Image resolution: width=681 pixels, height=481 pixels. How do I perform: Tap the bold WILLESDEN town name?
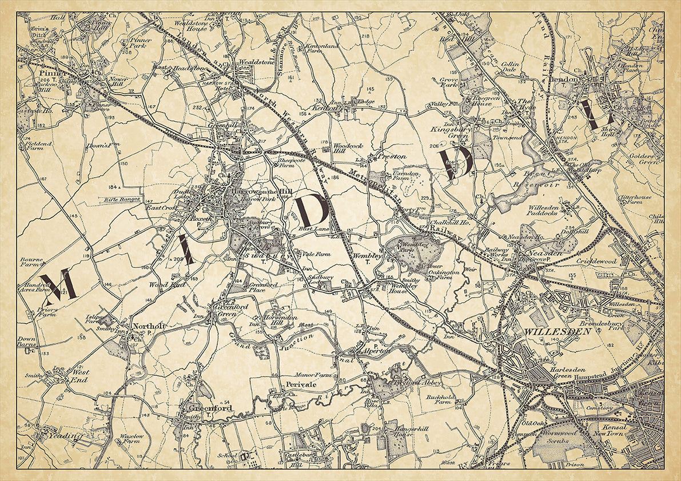coord(548,331)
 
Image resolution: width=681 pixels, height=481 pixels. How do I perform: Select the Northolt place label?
coord(148,326)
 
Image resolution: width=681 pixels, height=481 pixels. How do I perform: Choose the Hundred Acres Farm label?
coord(34,287)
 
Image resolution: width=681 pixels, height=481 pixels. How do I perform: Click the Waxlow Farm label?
coord(132,439)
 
